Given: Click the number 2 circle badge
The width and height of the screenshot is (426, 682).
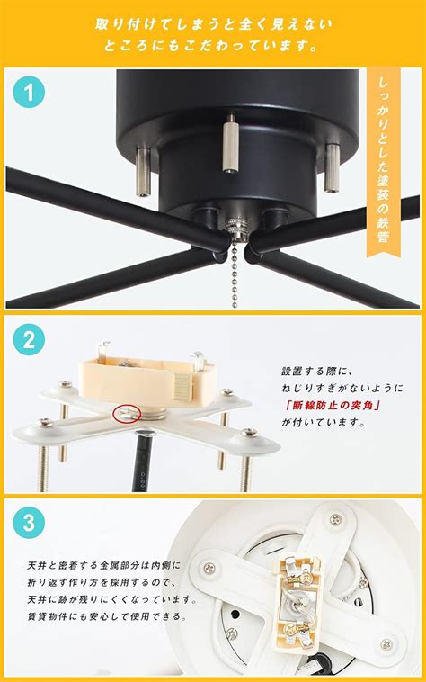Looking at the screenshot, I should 29,340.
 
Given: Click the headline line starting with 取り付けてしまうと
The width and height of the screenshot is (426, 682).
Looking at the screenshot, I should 213,22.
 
